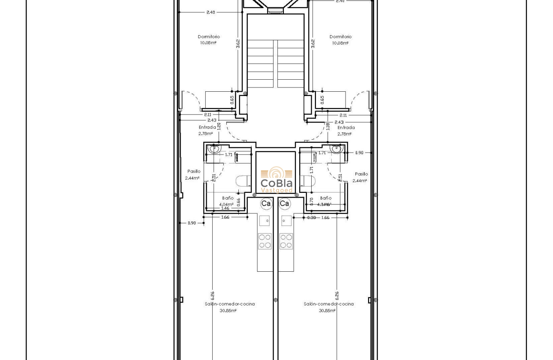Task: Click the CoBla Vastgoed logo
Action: click(x=276, y=180)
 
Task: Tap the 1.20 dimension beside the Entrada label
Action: click(x=219, y=126)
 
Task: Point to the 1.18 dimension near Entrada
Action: click(x=328, y=126)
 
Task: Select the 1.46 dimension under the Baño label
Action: click(x=225, y=208)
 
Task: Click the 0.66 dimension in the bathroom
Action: click(x=238, y=201)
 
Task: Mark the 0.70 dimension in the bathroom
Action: click(x=312, y=201)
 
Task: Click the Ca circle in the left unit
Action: click(x=266, y=204)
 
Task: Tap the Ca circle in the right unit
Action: click(x=284, y=204)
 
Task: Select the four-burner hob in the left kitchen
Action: click(x=264, y=241)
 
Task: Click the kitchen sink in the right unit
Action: click(x=286, y=221)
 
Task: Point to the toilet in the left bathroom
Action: click(x=243, y=181)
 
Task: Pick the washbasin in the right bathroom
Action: click(x=337, y=150)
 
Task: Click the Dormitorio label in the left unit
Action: click(x=209, y=37)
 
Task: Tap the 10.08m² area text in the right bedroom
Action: click(x=340, y=43)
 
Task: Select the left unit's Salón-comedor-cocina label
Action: click(x=230, y=304)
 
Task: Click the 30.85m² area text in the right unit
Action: click(x=327, y=311)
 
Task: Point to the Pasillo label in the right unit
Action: click(x=361, y=174)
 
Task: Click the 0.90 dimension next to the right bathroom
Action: click(x=359, y=153)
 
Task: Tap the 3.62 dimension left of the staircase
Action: click(x=238, y=44)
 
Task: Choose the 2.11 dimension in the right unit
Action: click(x=343, y=115)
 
